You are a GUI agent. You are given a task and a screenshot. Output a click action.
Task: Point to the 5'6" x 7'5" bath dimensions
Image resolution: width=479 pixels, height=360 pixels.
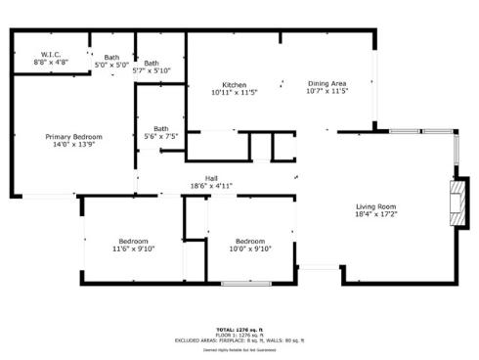tap(160, 137)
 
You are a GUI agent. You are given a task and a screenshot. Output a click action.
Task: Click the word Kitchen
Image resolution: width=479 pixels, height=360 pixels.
tap(234, 85)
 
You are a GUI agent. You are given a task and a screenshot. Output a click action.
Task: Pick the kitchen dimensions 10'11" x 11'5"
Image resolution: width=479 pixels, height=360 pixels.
tap(234, 93)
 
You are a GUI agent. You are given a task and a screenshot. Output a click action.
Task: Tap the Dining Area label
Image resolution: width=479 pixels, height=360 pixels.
tap(327, 84)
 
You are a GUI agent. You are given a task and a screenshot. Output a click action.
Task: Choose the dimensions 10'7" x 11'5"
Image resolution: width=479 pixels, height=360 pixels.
tap(327, 93)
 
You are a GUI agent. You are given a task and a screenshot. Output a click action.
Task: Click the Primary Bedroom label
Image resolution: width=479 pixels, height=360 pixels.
tap(73, 137)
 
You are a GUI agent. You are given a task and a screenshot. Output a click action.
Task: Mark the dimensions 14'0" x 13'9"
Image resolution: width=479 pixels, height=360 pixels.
tap(73, 145)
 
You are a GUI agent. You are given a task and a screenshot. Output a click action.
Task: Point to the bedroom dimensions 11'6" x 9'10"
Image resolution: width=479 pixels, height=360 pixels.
tap(133, 249)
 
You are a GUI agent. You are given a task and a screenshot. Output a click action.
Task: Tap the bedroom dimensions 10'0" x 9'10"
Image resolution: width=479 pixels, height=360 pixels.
tap(249, 249)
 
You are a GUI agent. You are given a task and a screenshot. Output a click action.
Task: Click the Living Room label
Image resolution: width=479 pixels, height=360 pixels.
tap(374, 206)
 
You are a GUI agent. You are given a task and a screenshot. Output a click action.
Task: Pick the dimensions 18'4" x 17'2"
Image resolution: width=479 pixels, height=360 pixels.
tap(374, 214)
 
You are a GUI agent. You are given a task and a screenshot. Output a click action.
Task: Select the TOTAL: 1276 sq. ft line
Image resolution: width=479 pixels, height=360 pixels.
tap(239, 330)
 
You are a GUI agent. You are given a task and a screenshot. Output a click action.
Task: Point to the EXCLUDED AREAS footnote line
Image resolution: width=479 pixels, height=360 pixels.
tap(239, 339)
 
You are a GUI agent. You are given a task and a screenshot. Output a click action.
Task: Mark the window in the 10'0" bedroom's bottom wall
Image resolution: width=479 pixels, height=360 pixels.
tap(245, 284)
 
